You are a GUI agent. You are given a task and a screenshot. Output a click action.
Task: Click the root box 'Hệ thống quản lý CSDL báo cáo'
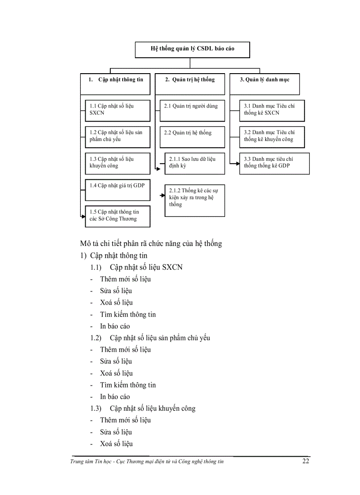click(x=192, y=49)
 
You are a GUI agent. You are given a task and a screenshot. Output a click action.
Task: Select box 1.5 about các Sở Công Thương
click(x=117, y=216)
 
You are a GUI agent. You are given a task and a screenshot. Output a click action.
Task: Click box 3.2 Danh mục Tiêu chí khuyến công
click(x=272, y=137)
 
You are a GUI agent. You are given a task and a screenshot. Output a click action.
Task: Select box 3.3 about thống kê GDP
click(x=274, y=163)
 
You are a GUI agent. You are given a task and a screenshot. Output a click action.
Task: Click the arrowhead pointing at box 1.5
click(x=82, y=216)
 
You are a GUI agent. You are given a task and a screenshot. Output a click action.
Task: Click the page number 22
click(x=306, y=462)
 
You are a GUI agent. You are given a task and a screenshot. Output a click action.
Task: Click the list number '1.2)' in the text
click(x=96, y=338)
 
